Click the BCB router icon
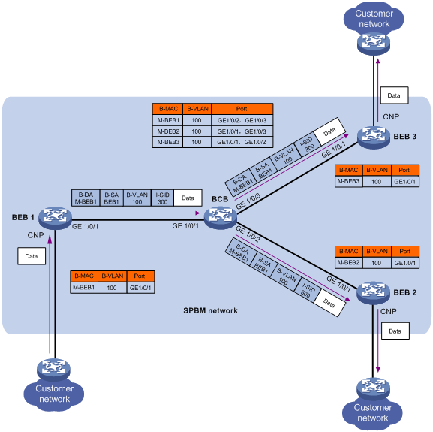coord(221,218)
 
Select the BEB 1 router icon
coord(56,218)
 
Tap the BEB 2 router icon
coord(373,293)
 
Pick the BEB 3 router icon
coord(374,137)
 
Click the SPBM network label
coord(210,310)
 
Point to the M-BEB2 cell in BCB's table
coord(168,131)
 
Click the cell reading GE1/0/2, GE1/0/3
coord(242,120)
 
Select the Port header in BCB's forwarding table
coord(242,109)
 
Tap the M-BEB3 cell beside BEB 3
coord(348,181)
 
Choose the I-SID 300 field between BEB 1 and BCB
coord(162,198)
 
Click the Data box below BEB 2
coord(395,331)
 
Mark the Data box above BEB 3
coord(394,95)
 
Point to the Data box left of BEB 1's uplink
coord(32,256)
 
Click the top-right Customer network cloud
coord(374,19)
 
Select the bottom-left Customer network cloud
coord(54,394)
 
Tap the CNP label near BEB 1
coord(35,235)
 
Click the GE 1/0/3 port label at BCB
coord(248,201)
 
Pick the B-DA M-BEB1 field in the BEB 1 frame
coord(86,198)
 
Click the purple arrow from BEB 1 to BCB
coord(137,213)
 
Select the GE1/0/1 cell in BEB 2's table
coord(405,263)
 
